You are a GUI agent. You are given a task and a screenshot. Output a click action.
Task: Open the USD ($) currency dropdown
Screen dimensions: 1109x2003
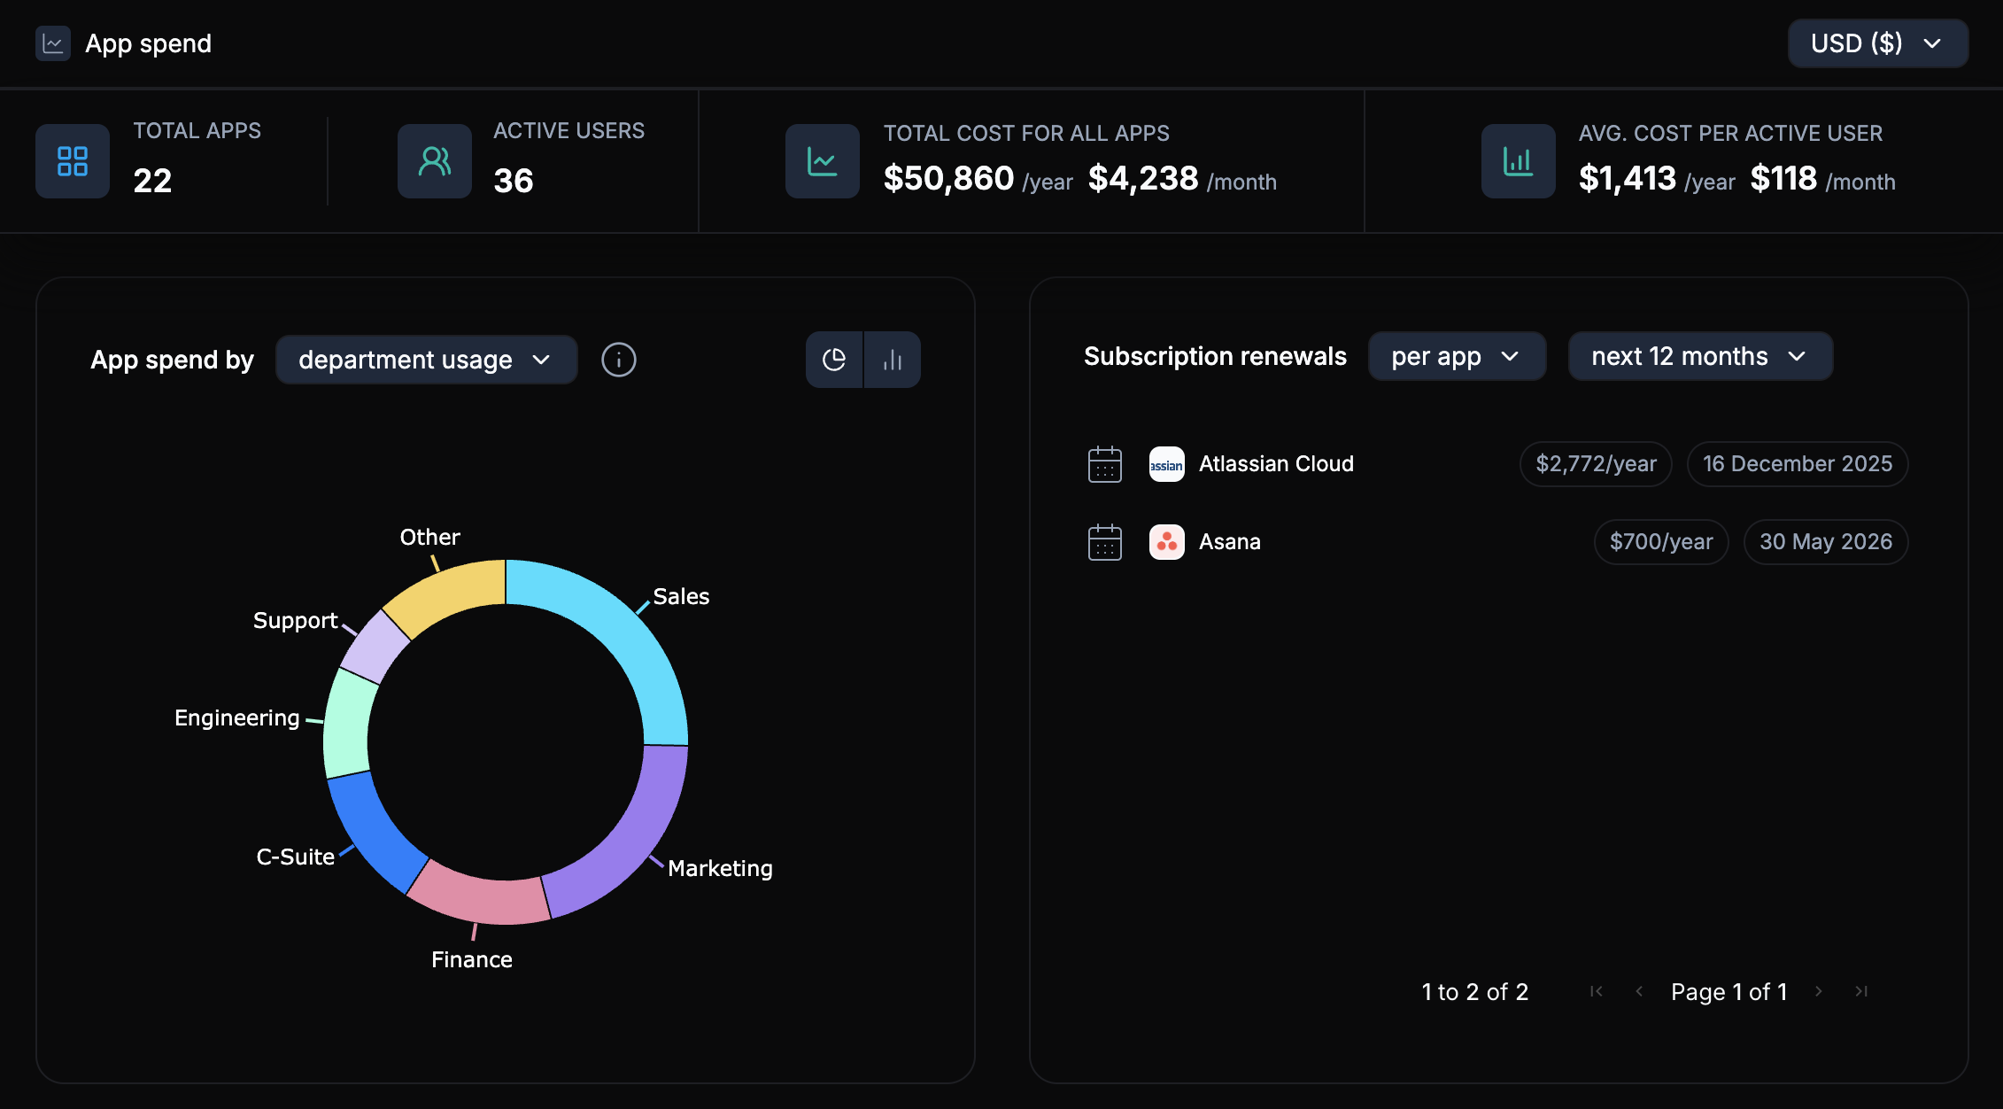click(x=1876, y=43)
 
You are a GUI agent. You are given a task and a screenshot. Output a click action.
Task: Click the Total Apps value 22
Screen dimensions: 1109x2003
click(x=152, y=181)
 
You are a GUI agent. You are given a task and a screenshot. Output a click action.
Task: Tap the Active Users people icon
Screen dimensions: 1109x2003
click(x=434, y=161)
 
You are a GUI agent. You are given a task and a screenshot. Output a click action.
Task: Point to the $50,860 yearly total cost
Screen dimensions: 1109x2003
click(x=948, y=179)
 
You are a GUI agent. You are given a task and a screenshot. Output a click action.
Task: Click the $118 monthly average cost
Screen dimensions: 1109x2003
click(x=1783, y=179)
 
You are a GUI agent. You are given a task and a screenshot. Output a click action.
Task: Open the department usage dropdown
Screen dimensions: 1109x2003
click(x=426, y=360)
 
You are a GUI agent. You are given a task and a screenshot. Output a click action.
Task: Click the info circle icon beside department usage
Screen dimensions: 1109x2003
click(x=618, y=360)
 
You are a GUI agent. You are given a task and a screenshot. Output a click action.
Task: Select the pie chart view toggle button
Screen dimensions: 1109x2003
click(x=834, y=360)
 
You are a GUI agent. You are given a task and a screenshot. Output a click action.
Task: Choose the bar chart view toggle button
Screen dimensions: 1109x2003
click(x=893, y=360)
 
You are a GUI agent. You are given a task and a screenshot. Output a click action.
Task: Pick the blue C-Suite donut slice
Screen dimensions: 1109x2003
click(x=372, y=833)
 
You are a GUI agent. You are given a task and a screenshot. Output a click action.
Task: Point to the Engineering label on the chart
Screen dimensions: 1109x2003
click(x=236, y=717)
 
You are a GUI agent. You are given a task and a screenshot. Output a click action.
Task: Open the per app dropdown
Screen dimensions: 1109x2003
click(x=1457, y=356)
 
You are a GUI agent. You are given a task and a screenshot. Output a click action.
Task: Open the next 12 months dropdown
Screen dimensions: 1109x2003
click(x=1699, y=356)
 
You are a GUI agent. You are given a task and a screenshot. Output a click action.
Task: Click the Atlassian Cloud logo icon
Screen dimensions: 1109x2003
click(x=1166, y=464)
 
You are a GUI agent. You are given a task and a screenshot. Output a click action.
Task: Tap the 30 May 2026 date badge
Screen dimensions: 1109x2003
click(x=1825, y=542)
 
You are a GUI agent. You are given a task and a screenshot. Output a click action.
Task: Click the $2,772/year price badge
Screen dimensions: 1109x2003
click(x=1595, y=464)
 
